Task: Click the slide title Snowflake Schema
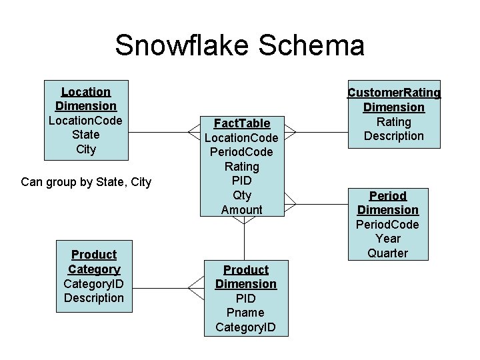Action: click(x=239, y=45)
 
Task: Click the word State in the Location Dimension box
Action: click(x=86, y=135)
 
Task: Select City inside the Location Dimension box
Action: click(x=86, y=149)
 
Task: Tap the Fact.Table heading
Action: click(x=241, y=123)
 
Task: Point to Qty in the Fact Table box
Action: click(x=241, y=195)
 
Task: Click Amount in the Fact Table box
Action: click(x=241, y=210)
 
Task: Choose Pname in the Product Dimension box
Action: click(x=245, y=313)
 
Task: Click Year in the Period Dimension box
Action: click(x=388, y=239)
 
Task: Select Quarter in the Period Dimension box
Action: click(x=388, y=253)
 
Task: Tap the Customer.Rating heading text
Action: click(x=394, y=93)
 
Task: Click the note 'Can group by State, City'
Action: click(x=86, y=181)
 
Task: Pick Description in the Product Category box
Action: click(x=94, y=298)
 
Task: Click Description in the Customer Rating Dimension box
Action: click(x=394, y=136)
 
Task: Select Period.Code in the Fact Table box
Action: click(x=241, y=152)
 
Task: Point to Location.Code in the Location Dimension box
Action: click(x=86, y=121)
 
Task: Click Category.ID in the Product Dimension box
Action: click(x=245, y=327)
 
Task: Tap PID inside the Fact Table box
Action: click(x=241, y=181)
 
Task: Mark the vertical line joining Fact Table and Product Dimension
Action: click(x=245, y=240)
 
